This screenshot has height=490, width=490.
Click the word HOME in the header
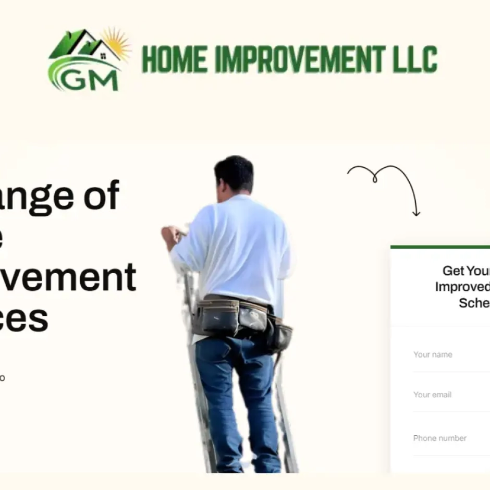pos(174,59)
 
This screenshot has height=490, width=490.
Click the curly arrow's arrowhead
pos(416,212)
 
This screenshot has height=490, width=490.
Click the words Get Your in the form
pos(465,271)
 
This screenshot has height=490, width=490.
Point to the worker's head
pos(234,175)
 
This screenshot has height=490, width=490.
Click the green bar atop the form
pos(440,247)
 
